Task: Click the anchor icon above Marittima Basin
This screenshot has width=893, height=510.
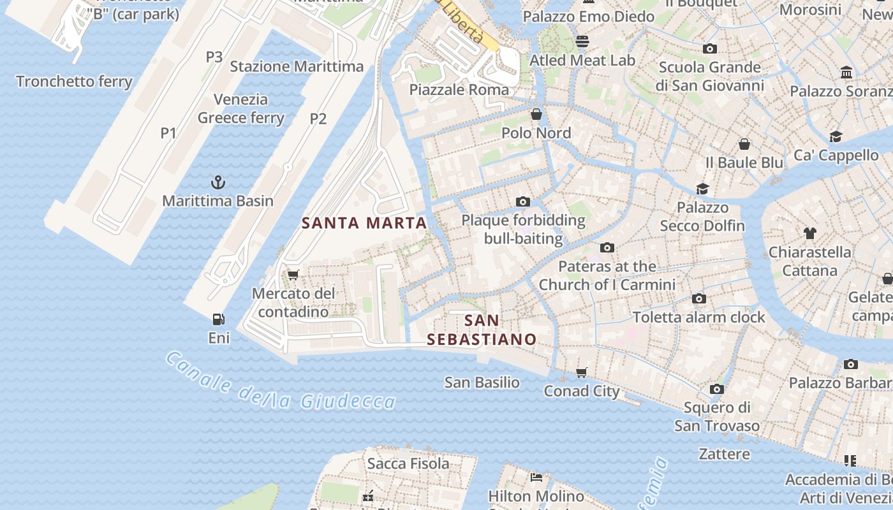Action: click(x=218, y=182)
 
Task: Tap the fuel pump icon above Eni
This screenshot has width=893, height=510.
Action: click(x=218, y=319)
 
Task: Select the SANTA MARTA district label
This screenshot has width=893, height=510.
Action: click(x=364, y=223)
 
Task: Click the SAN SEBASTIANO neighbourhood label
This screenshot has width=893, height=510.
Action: click(x=482, y=330)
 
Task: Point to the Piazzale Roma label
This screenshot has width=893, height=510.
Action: click(x=459, y=89)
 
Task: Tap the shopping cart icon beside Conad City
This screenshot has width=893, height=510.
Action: click(x=581, y=372)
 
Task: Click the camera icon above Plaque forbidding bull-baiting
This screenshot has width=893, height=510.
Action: click(x=522, y=202)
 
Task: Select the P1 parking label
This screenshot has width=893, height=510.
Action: click(x=168, y=133)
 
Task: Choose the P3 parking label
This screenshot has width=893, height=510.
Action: click(x=214, y=57)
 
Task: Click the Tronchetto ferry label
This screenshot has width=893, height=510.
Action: click(x=74, y=82)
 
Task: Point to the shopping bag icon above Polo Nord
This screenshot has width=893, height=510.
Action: click(x=536, y=114)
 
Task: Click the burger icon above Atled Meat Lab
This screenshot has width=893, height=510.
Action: click(x=582, y=41)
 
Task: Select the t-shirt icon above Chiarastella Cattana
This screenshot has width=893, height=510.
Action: click(x=809, y=233)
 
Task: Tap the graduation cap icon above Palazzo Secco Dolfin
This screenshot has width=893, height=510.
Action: click(x=702, y=189)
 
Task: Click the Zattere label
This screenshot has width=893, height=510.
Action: click(x=724, y=454)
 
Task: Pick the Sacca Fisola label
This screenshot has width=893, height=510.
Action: click(x=408, y=463)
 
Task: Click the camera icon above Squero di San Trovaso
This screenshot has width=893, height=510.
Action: click(x=716, y=389)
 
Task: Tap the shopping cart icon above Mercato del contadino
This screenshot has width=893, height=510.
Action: click(x=293, y=275)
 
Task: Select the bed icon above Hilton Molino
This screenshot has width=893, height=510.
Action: click(x=536, y=477)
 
